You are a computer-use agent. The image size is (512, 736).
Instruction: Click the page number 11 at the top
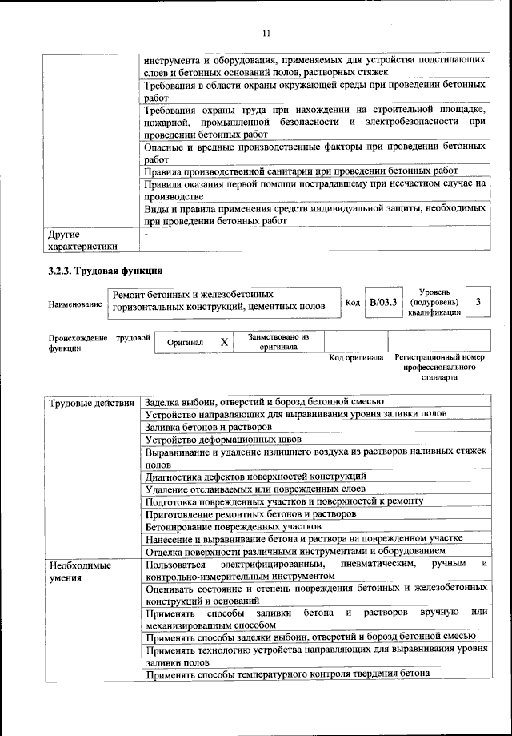[266, 33]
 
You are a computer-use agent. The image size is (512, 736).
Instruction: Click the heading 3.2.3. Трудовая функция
[106, 270]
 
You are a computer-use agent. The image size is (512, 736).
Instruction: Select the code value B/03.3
[383, 303]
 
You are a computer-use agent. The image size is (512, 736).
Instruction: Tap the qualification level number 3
[478, 302]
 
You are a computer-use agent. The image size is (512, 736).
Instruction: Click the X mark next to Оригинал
[224, 342]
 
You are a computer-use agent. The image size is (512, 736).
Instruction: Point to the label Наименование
[74, 304]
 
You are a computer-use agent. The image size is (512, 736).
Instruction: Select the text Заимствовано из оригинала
[278, 342]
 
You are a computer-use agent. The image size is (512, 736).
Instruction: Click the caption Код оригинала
[356, 357]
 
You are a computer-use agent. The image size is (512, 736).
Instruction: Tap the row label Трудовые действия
[90, 401]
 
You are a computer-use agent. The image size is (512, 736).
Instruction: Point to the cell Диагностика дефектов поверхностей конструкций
[255, 476]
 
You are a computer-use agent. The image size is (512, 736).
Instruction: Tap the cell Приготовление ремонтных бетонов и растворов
[250, 513]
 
